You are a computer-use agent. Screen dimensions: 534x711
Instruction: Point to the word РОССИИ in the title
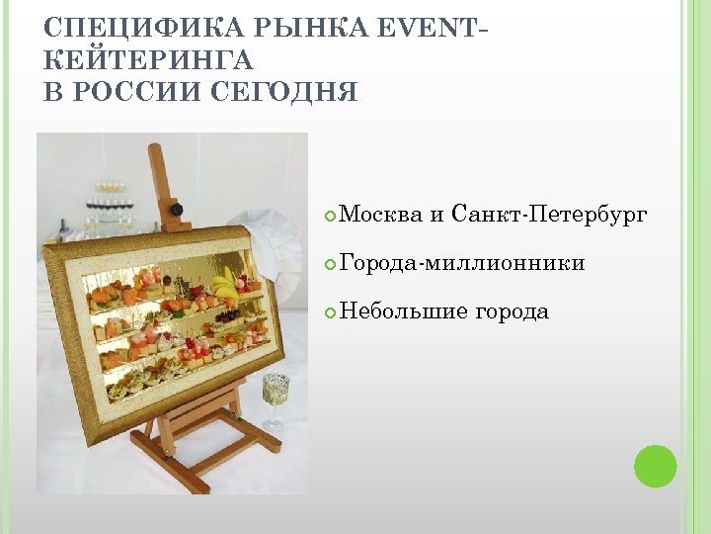tap(137, 93)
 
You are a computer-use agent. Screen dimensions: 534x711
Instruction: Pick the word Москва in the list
tap(380, 214)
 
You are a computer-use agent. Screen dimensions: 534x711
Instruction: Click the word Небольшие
tap(403, 311)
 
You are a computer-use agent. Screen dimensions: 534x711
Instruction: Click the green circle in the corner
tap(655, 466)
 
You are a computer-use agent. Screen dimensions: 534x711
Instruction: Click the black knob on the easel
tap(178, 210)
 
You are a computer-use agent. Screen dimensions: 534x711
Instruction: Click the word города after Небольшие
tap(512, 311)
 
